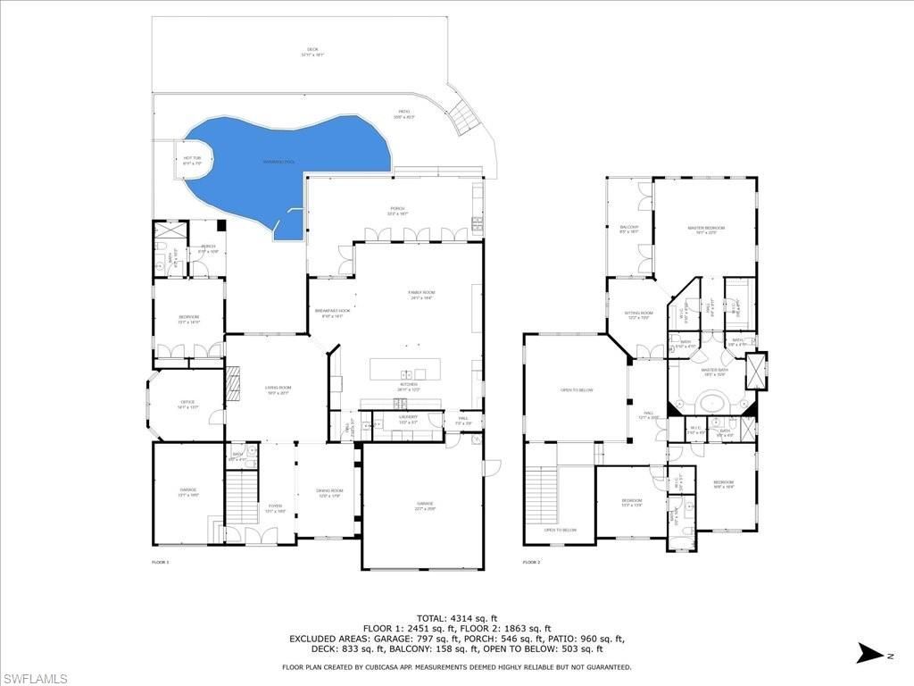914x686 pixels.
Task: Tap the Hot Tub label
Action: click(192, 160)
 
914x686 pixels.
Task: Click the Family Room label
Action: click(420, 295)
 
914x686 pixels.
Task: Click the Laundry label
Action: click(407, 418)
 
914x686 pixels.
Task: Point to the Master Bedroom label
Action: click(705, 230)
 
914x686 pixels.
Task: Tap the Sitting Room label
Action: click(638, 314)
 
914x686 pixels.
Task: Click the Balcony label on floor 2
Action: click(629, 229)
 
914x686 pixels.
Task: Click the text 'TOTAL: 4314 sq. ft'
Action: click(457, 618)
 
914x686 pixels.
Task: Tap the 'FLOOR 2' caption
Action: click(531, 562)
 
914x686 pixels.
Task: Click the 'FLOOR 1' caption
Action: click(160, 562)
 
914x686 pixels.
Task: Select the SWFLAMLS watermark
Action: click(36, 678)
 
